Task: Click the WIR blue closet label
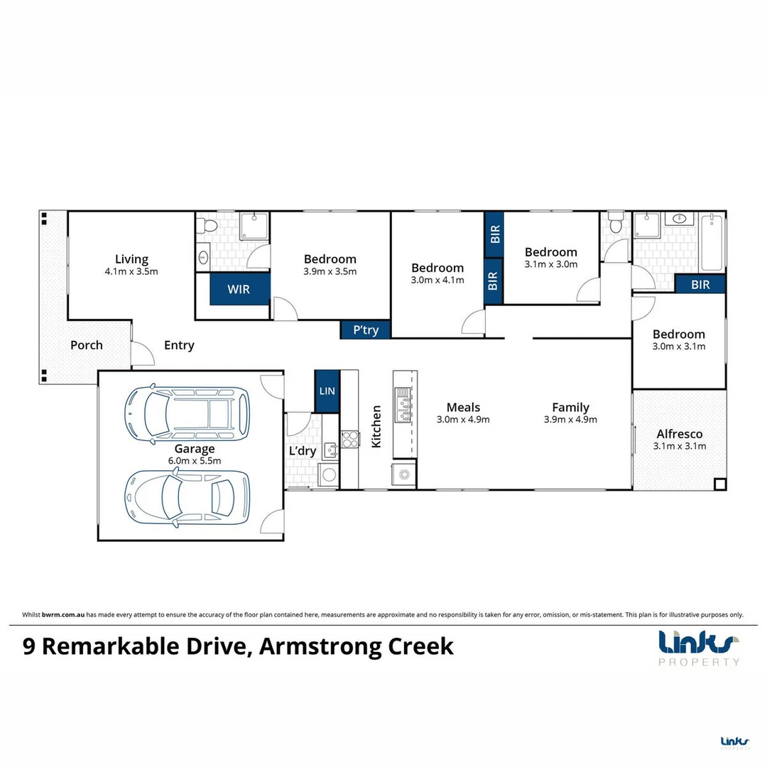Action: coord(239,290)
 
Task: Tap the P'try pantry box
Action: coord(366,330)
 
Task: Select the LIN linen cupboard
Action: coord(327,391)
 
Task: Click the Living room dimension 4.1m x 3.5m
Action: coord(131,271)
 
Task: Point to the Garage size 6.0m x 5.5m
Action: coord(195,460)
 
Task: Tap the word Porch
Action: coord(86,345)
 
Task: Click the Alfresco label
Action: coord(680,434)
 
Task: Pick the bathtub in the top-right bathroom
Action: coord(712,244)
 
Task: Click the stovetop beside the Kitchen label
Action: coord(349,439)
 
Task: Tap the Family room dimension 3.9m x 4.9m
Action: coord(570,419)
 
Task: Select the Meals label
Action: coord(463,407)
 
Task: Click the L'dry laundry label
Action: coord(302,451)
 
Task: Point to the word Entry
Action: coord(179,345)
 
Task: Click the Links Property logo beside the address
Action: coord(700,648)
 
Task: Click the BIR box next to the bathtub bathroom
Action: coord(700,285)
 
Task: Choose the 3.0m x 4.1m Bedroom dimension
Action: coord(437,280)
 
